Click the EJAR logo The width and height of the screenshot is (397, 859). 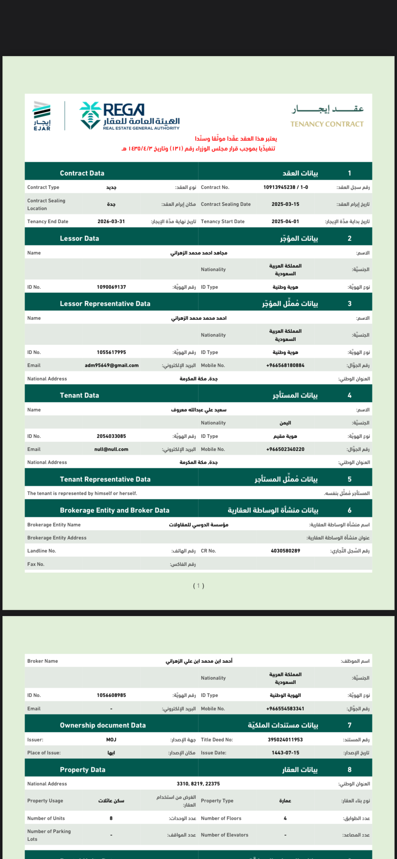coord(42,116)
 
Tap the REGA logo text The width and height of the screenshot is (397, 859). coord(124,110)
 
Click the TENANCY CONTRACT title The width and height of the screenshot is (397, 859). coord(327,124)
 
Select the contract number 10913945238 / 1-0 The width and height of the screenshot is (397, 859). coord(285,187)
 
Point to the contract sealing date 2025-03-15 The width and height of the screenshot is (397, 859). coord(285,204)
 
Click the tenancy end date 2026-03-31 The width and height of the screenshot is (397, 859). coord(111,221)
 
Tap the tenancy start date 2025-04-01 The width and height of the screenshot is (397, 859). coord(285,221)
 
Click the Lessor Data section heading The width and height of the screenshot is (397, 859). coord(79,238)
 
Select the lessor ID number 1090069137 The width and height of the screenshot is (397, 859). coord(111,287)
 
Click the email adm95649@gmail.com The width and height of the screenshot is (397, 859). coord(112,365)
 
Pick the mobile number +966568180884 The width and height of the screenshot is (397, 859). coord(285,365)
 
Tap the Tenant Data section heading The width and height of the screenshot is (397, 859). coord(79,395)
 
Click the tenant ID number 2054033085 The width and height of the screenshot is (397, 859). coord(111,436)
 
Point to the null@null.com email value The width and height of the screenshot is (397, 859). coord(111,449)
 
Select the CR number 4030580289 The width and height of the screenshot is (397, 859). coord(285,551)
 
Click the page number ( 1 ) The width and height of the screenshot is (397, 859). coord(198,586)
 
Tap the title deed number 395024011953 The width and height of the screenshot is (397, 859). coord(285,739)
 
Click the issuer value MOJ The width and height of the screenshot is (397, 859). coord(111,739)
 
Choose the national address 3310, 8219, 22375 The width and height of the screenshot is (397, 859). coord(198,784)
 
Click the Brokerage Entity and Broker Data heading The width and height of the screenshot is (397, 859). coord(115,510)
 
